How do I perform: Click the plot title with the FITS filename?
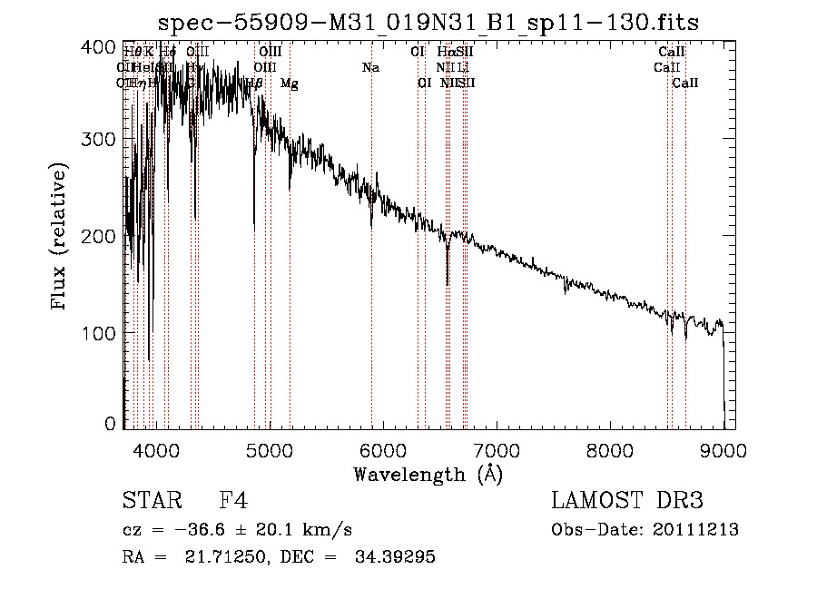(x=428, y=22)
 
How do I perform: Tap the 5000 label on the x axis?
(x=270, y=448)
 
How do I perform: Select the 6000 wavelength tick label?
(x=383, y=448)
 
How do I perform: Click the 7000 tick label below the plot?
(x=497, y=448)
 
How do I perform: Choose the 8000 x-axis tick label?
(x=610, y=448)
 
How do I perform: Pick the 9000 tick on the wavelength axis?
(x=723, y=448)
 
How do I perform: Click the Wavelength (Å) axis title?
(x=428, y=474)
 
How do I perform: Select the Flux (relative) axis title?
(x=60, y=238)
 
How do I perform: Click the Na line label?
(x=370, y=67)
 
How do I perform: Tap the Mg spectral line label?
(x=289, y=83)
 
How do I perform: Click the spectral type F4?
(x=234, y=501)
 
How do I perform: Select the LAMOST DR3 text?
(x=627, y=501)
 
